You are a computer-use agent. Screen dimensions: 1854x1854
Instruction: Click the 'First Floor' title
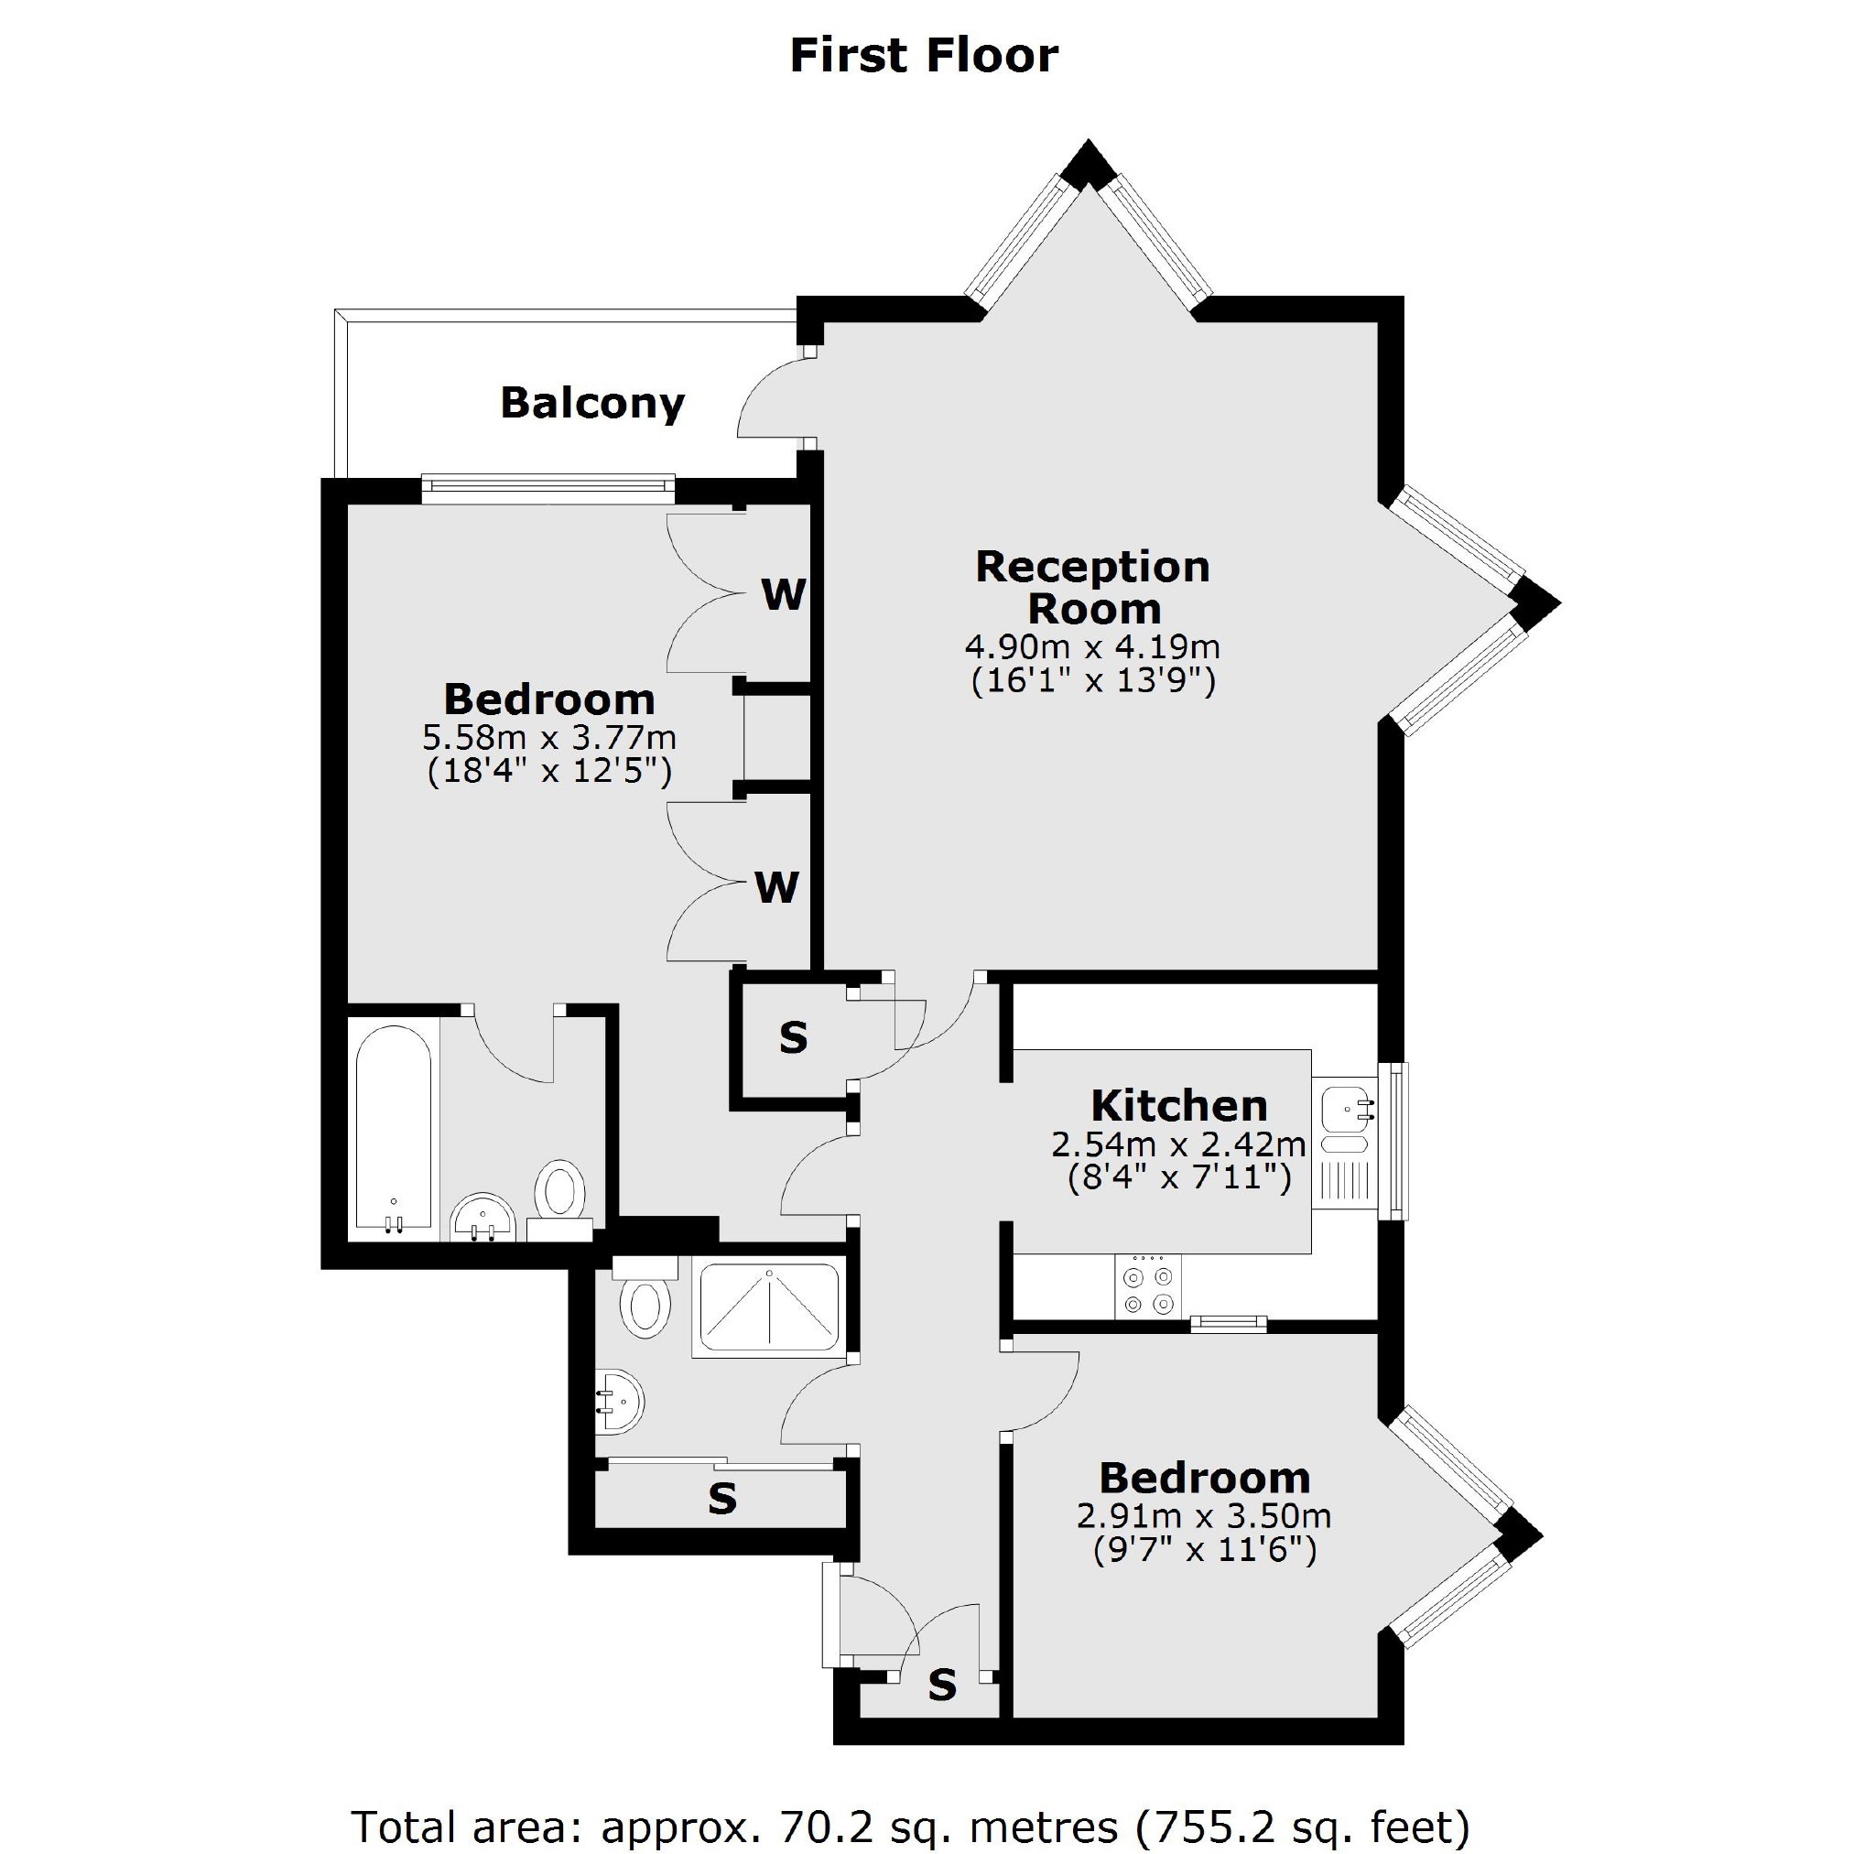[923, 56]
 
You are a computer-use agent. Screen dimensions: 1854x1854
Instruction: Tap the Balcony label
[592, 403]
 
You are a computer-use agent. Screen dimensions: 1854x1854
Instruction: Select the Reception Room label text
[1093, 587]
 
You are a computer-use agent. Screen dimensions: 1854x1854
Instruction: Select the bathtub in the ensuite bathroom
[393, 1132]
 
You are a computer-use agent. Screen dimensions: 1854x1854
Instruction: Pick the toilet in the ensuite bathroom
[559, 1199]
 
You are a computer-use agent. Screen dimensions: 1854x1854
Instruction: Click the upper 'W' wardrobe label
[783, 595]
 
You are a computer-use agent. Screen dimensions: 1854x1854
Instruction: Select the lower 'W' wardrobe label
[776, 888]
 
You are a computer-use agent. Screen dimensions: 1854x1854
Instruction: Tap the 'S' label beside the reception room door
[794, 1037]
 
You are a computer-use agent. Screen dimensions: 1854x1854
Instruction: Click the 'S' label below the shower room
[721, 1499]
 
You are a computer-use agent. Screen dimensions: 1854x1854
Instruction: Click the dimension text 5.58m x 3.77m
[550, 737]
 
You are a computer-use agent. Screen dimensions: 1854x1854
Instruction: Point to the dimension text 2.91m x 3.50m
[1204, 1516]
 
